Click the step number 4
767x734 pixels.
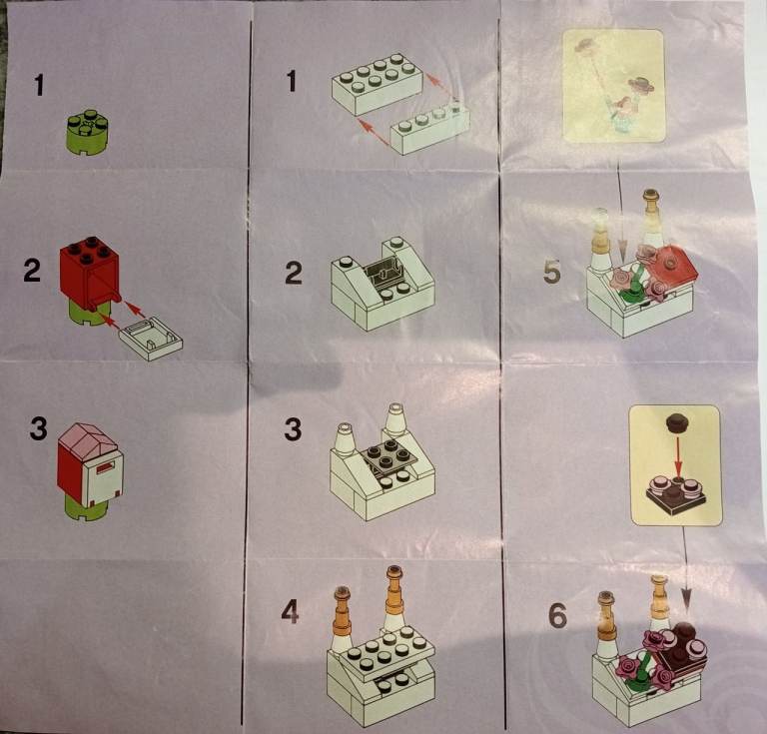tap(290, 612)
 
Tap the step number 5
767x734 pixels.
tap(552, 272)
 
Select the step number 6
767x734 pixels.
tap(557, 615)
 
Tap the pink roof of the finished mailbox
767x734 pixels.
tap(88, 439)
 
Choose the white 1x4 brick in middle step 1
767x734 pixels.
tap(430, 128)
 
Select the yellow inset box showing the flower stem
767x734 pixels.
tap(613, 86)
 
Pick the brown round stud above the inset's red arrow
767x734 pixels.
tap(677, 422)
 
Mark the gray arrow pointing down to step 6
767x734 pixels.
tap(685, 569)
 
